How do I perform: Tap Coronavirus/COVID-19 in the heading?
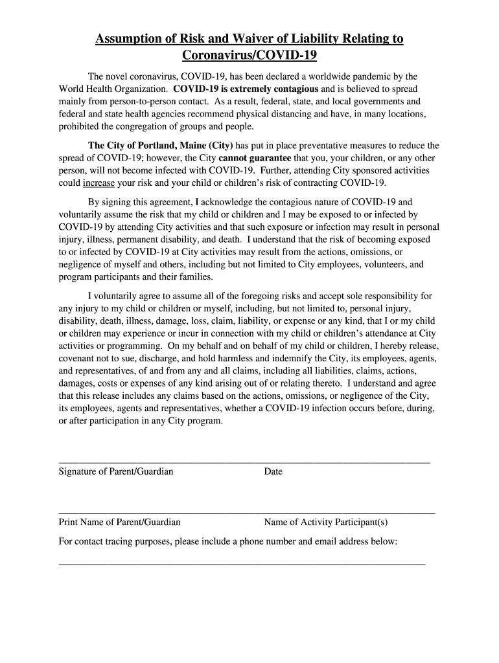tap(250, 56)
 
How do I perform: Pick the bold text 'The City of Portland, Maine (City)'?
tap(160, 146)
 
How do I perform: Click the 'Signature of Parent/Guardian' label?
tap(116, 471)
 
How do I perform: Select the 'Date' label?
tap(273, 471)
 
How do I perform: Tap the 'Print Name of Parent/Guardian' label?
tap(119, 522)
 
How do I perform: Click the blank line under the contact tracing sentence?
tap(242, 564)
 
